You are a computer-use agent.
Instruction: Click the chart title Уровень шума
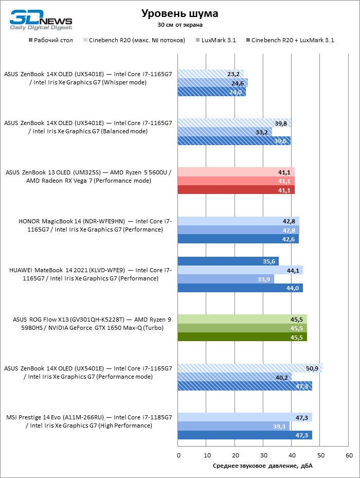(x=179, y=13)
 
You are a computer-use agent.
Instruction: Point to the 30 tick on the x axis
(x=264, y=455)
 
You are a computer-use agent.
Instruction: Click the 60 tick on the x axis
(x=349, y=455)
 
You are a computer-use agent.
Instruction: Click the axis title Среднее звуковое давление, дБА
(x=262, y=466)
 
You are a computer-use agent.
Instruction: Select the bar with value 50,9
(x=250, y=368)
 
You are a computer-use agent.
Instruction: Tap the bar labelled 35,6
(x=228, y=261)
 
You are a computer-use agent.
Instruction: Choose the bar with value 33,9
(x=226, y=279)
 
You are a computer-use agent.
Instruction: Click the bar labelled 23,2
(x=211, y=74)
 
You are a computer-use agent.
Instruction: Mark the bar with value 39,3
(x=234, y=426)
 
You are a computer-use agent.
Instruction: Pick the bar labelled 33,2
(x=225, y=132)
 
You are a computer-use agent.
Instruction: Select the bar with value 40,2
(x=235, y=377)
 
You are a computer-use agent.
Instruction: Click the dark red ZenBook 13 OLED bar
(x=237, y=190)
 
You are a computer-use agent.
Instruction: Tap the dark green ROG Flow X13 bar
(x=242, y=337)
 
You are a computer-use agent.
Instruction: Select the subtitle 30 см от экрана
(x=179, y=24)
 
